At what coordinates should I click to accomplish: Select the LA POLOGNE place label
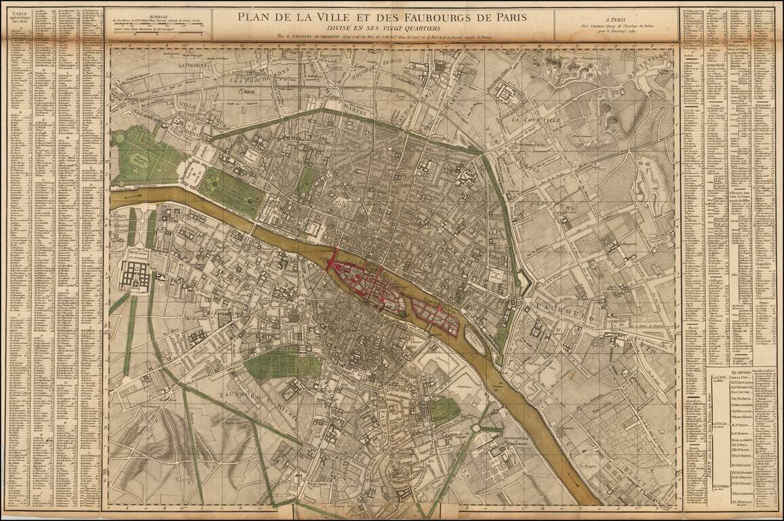(x=195, y=66)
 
